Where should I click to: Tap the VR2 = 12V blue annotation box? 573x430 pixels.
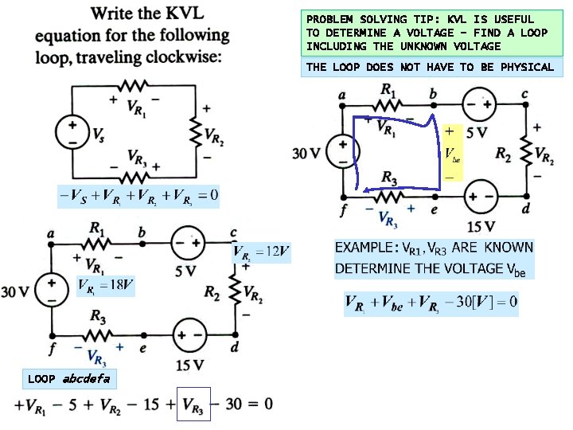261,253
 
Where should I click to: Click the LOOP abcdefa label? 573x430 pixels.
69,378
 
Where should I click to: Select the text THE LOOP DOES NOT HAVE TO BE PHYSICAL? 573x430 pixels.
430,67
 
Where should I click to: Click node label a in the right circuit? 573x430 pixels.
342,94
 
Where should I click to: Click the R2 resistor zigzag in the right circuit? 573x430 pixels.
526,153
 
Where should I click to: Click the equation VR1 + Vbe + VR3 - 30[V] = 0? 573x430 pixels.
431,302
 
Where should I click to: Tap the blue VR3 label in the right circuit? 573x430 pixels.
388,217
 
